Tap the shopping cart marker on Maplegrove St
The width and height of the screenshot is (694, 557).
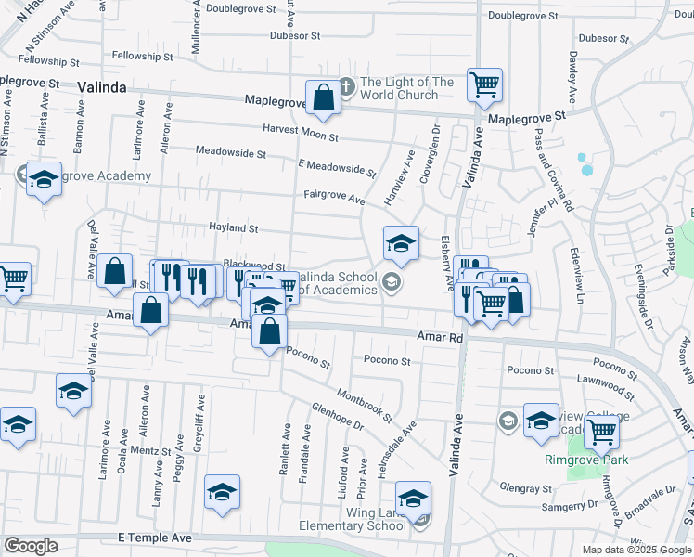click(x=484, y=85)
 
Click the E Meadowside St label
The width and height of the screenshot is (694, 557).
click(x=337, y=167)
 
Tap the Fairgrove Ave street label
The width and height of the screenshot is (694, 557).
click(x=334, y=196)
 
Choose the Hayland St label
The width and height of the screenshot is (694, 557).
click(x=233, y=227)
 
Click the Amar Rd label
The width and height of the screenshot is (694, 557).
click(x=440, y=338)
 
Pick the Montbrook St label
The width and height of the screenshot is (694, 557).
click(x=365, y=406)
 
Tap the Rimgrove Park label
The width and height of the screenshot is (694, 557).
click(x=586, y=460)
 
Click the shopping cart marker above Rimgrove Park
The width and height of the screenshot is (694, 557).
click(x=601, y=431)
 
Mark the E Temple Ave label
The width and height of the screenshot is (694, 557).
click(x=154, y=538)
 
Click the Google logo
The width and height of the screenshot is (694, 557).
click(x=31, y=546)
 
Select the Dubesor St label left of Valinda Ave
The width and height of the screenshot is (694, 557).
click(x=294, y=36)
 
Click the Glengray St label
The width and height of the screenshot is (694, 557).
click(x=525, y=487)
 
